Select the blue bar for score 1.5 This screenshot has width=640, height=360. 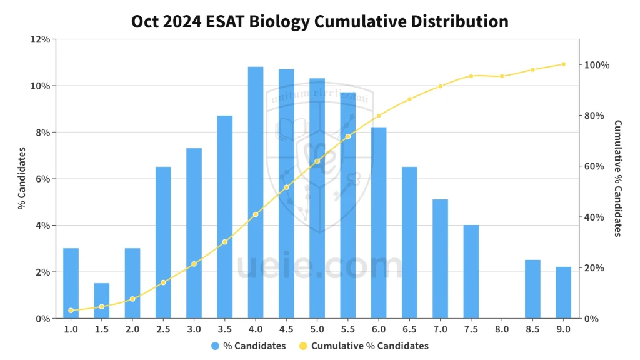pyautogui.click(x=102, y=301)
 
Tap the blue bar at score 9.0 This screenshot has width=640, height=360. pyautogui.click(x=563, y=292)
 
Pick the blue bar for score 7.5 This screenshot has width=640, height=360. pyautogui.click(x=471, y=271)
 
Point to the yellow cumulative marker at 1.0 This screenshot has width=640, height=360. pyautogui.click(x=71, y=311)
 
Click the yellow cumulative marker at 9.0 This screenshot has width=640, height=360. pyautogui.click(x=563, y=64)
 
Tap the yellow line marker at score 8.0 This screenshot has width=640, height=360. pyautogui.click(x=502, y=76)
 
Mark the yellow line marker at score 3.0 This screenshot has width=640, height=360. pyautogui.click(x=194, y=264)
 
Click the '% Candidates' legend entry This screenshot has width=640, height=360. pyautogui.click(x=249, y=346)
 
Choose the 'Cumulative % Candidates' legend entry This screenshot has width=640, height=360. pyautogui.click(x=364, y=346)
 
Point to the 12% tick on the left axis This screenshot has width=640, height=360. pyautogui.click(x=41, y=39)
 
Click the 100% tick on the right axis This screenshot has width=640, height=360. pyautogui.click(x=597, y=65)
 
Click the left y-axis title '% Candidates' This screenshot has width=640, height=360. pyautogui.click(x=21, y=179)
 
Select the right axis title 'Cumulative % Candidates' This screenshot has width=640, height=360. pyautogui.click(x=617, y=179)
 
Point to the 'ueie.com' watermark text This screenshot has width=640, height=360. pyautogui.click(x=320, y=267)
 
